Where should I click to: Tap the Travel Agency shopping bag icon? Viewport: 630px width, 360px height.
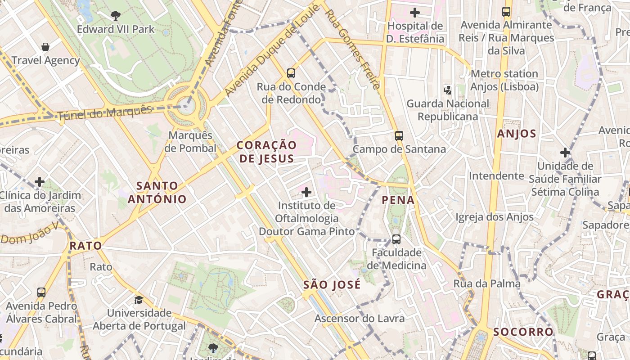pyautogui.click(x=45, y=47)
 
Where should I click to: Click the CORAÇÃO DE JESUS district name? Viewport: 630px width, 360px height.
pyautogui.click(x=267, y=152)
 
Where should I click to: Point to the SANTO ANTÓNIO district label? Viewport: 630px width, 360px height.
pyautogui.click(x=157, y=192)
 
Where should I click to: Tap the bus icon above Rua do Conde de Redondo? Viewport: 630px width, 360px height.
pyautogui.click(x=291, y=73)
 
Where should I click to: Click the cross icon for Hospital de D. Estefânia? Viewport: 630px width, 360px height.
pyautogui.click(x=415, y=13)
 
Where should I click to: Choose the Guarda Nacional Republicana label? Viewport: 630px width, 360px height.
pyautogui.click(x=448, y=110)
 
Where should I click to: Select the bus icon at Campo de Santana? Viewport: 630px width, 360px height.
pyautogui.click(x=399, y=135)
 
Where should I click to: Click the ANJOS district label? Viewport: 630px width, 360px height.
pyautogui.click(x=517, y=134)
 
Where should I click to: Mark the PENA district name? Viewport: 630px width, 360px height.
pyautogui.click(x=398, y=200)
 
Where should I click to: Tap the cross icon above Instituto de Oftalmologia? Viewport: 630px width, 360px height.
pyautogui.click(x=306, y=193)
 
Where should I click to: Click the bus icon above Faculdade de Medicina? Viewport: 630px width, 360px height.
pyautogui.click(x=396, y=239)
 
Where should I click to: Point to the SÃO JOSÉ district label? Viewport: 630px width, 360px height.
pyautogui.click(x=332, y=285)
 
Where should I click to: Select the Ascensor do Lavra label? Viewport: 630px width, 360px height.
pyautogui.click(x=360, y=319)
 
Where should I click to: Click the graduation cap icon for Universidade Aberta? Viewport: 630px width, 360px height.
pyautogui.click(x=139, y=300)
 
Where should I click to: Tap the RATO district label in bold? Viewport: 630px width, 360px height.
pyautogui.click(x=85, y=246)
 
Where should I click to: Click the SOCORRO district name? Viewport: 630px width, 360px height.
pyautogui.click(x=523, y=332)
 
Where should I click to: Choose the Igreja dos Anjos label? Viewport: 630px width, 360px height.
pyautogui.click(x=495, y=217)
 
